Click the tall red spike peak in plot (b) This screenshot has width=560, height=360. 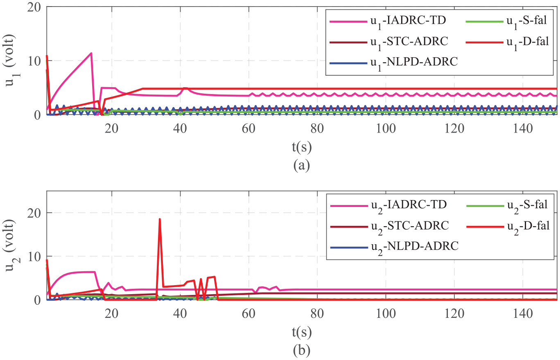tap(160, 219)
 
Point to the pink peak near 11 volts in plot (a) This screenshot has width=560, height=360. tap(91, 53)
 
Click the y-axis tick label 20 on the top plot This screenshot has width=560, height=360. tap(34, 7)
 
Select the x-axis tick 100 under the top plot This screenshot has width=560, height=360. tap(386, 129)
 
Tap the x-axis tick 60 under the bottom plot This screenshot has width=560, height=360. tap(248, 313)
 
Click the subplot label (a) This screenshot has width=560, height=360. tap(302, 165)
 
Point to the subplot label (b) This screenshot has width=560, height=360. tap(302, 350)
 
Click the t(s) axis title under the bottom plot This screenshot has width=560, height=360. tap(302, 332)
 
